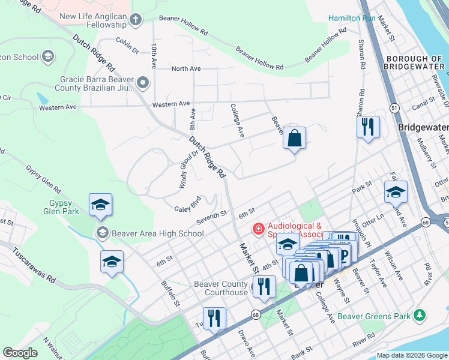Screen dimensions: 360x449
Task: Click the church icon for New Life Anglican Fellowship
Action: click(136, 19)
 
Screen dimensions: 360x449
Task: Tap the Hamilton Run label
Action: click(352, 18)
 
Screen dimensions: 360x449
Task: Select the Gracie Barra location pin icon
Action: click(143, 81)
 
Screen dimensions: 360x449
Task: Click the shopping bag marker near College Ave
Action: click(294, 138)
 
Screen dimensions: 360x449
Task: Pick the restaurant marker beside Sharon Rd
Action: click(368, 127)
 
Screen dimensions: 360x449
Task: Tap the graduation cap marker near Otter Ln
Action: click(396, 192)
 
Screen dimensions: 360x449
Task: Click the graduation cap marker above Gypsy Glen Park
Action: click(101, 205)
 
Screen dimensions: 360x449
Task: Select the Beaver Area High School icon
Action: click(102, 233)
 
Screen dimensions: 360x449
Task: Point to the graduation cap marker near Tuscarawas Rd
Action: click(112, 262)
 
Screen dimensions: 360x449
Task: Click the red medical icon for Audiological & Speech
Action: click(258, 229)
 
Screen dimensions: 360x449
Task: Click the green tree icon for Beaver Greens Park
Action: click(420, 316)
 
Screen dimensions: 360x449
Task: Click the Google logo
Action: click(20, 353)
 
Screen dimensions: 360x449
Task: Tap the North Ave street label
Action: click(186, 69)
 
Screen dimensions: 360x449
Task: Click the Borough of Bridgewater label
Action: click(415, 64)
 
